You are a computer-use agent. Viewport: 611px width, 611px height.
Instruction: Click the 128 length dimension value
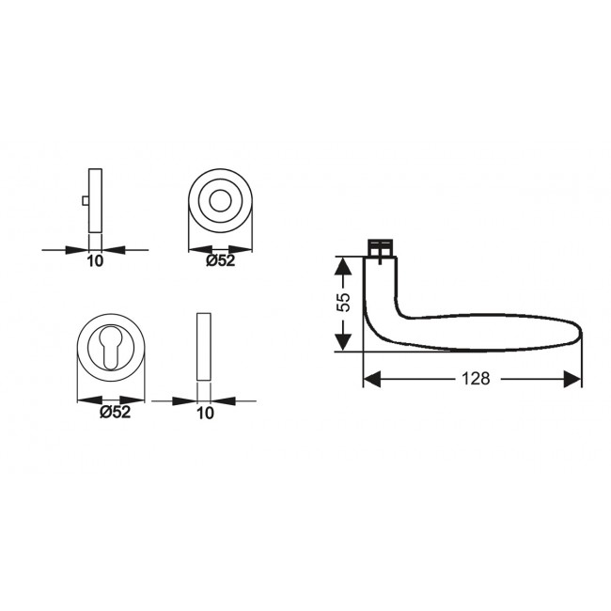[475, 379]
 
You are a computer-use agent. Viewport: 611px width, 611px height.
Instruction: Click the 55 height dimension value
[344, 303]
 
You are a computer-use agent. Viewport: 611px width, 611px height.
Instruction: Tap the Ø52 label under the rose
[220, 260]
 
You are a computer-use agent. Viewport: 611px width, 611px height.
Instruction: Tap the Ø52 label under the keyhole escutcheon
[114, 412]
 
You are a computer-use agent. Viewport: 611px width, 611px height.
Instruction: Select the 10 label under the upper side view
[94, 261]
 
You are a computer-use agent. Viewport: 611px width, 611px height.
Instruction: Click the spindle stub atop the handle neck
[380, 247]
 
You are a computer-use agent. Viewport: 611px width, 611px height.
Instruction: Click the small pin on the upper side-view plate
[85, 200]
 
